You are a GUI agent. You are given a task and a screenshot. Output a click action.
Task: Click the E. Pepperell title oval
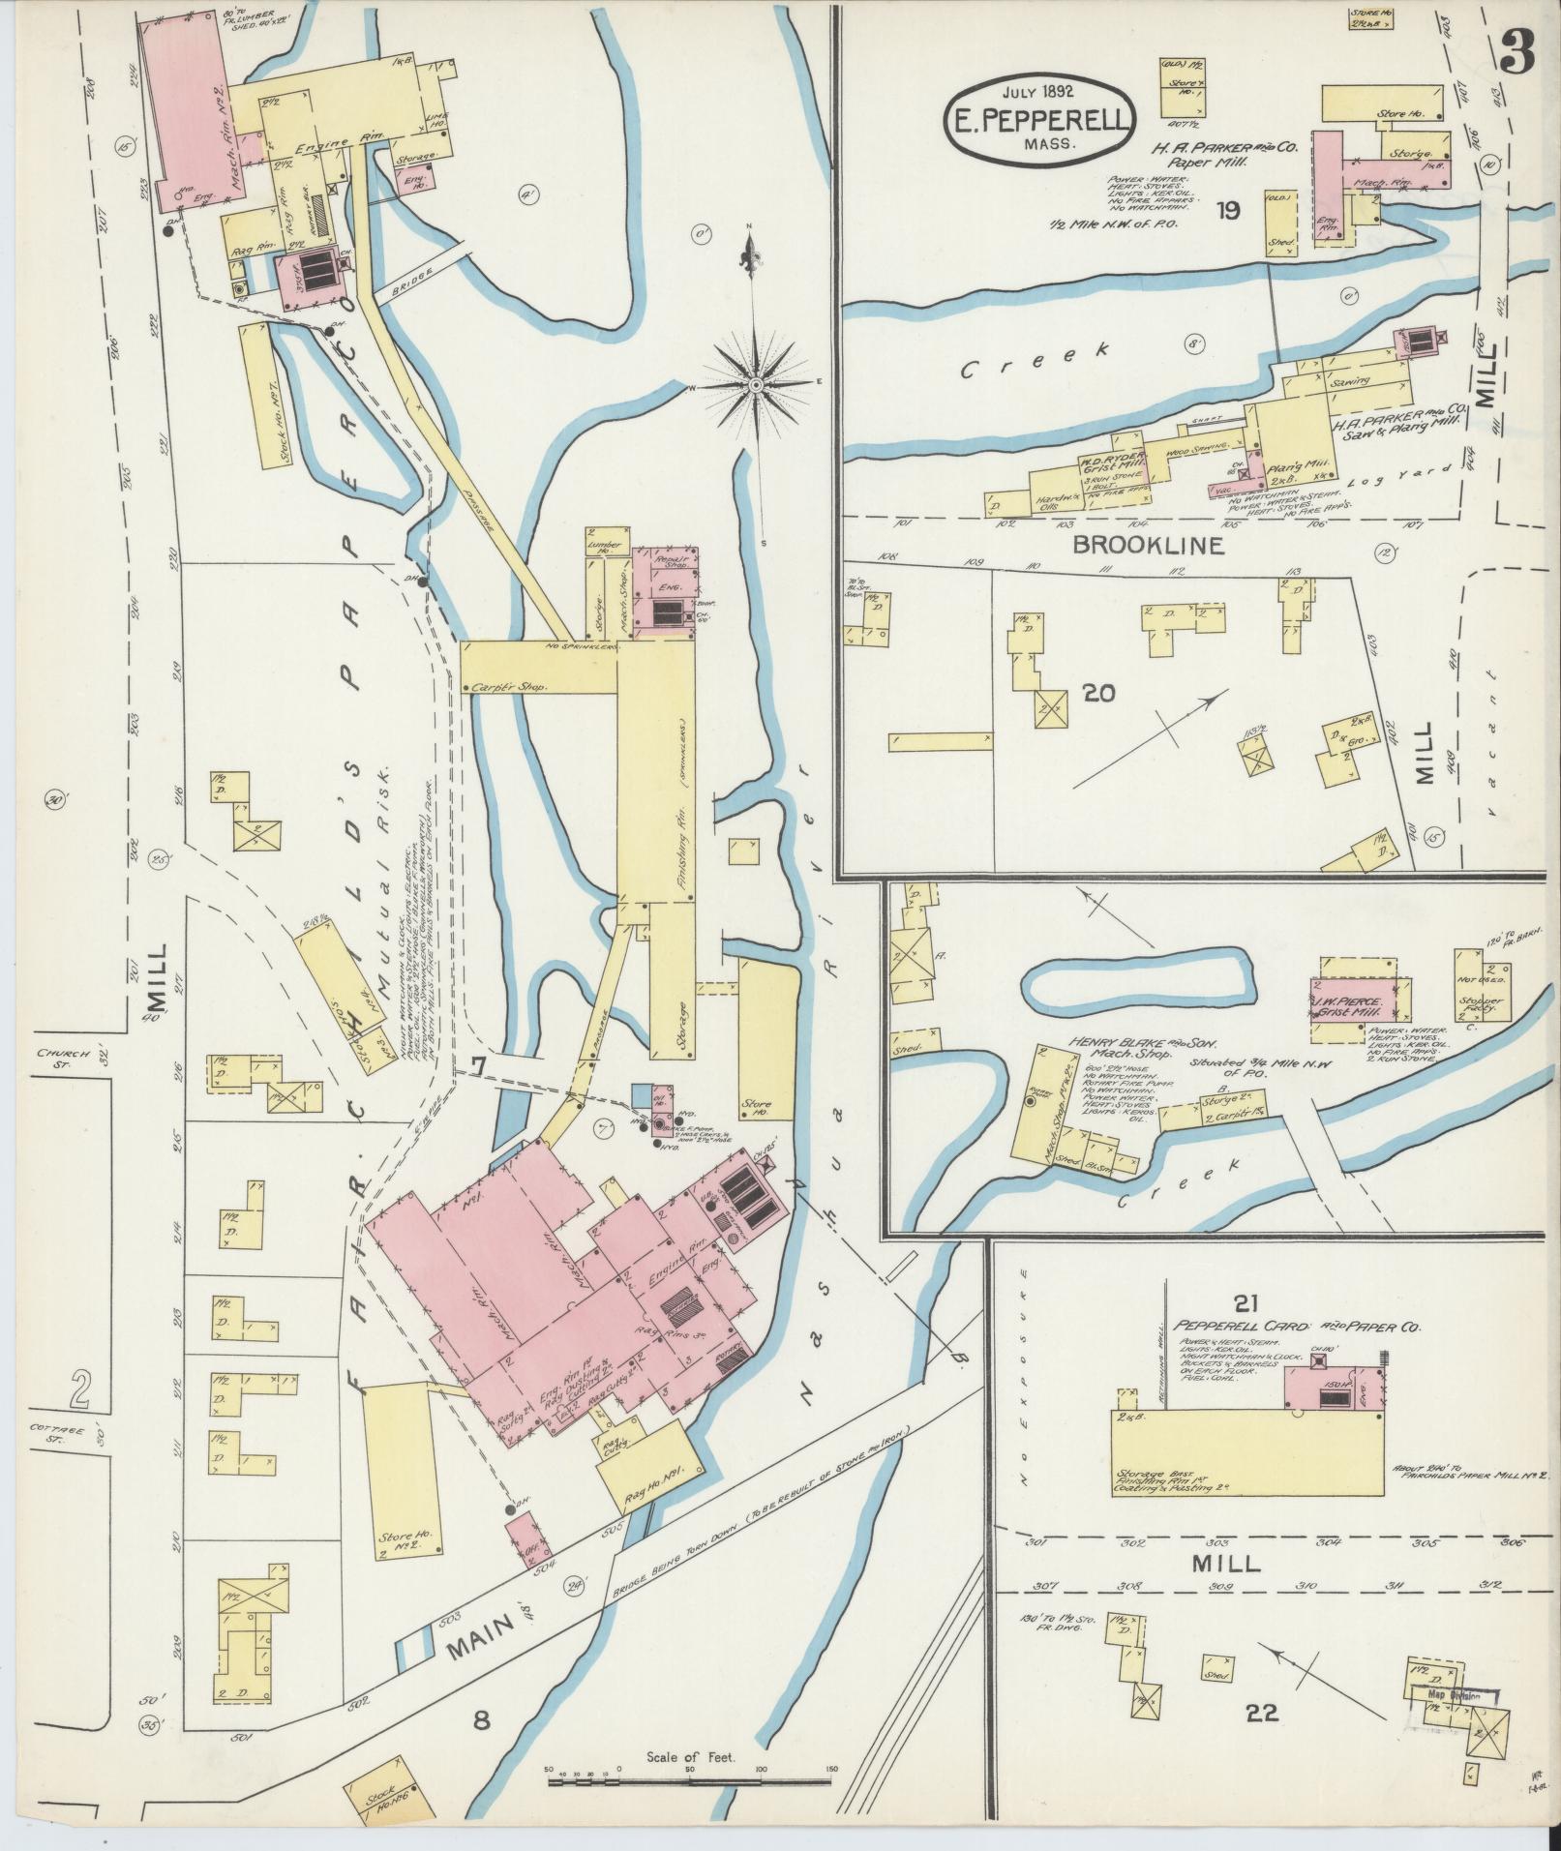point(1037,117)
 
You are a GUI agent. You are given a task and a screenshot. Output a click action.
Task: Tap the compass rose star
point(755,384)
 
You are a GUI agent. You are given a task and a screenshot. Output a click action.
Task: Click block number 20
point(1100,693)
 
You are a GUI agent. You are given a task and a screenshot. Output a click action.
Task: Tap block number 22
point(1262,1713)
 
